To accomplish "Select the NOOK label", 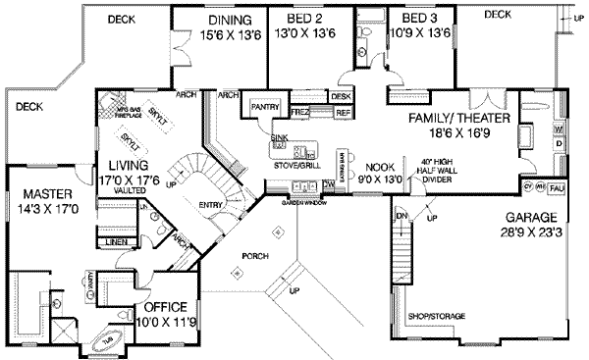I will coord(381,167).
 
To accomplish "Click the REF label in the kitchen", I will coord(343,113).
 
